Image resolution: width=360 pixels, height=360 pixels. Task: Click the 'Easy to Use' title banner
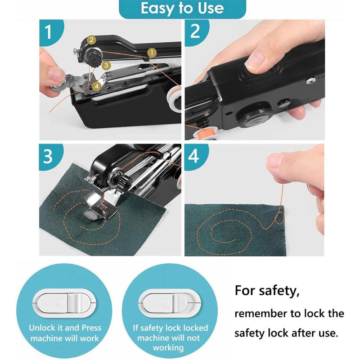click(x=182, y=9)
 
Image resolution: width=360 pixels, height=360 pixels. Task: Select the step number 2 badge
click(x=195, y=31)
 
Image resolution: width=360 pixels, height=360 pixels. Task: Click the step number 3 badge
click(x=48, y=156)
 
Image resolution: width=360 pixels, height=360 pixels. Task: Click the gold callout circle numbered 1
click(x=152, y=52)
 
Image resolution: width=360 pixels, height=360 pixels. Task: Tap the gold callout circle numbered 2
click(x=91, y=40)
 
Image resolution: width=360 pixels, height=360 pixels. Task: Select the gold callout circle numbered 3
click(x=106, y=65)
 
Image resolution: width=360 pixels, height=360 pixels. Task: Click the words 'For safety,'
click(x=266, y=291)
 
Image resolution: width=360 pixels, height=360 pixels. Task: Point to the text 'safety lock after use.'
click(x=285, y=333)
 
